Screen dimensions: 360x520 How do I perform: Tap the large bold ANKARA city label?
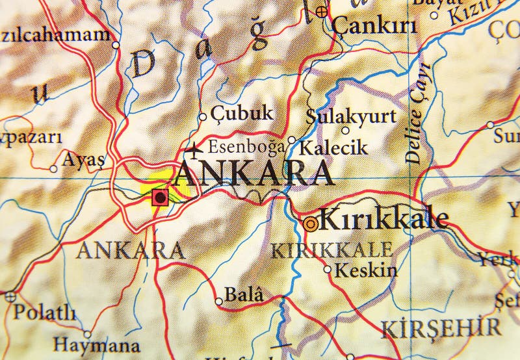[255, 174]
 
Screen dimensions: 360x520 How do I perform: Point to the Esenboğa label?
[246, 147]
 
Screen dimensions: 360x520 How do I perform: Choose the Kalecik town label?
[333, 148]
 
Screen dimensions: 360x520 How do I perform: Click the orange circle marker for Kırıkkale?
[311, 224]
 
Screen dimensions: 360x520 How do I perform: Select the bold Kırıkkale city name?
[384, 220]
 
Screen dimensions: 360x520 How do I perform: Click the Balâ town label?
[244, 296]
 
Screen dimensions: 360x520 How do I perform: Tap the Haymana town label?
[96, 344]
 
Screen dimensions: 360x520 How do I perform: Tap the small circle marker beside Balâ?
[219, 301]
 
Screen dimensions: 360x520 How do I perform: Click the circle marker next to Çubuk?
[202, 118]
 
